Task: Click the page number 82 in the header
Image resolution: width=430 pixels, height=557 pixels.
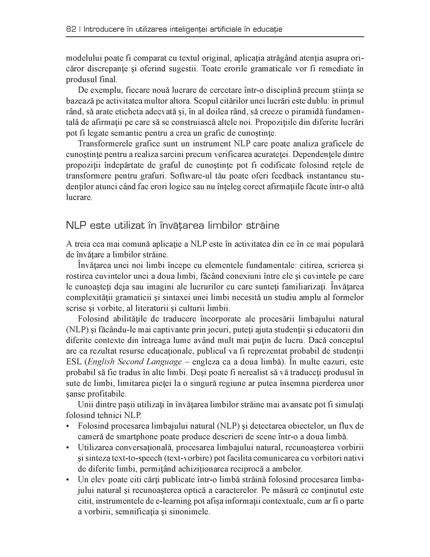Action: point(71,29)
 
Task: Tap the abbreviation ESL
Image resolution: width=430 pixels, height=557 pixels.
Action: point(73,362)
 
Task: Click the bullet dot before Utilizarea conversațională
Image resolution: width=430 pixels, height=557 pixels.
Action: point(69,447)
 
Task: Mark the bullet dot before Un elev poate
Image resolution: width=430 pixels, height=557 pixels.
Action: point(69,480)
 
